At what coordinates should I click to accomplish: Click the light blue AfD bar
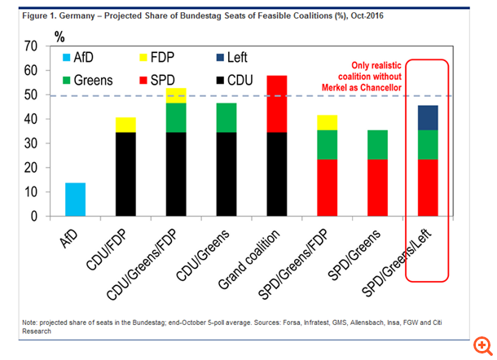point(75,200)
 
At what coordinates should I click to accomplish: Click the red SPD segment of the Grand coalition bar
point(272,103)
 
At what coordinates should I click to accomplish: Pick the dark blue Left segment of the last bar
point(427,117)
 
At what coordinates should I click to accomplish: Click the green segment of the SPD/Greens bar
point(377,144)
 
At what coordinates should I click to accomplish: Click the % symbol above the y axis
point(59,36)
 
